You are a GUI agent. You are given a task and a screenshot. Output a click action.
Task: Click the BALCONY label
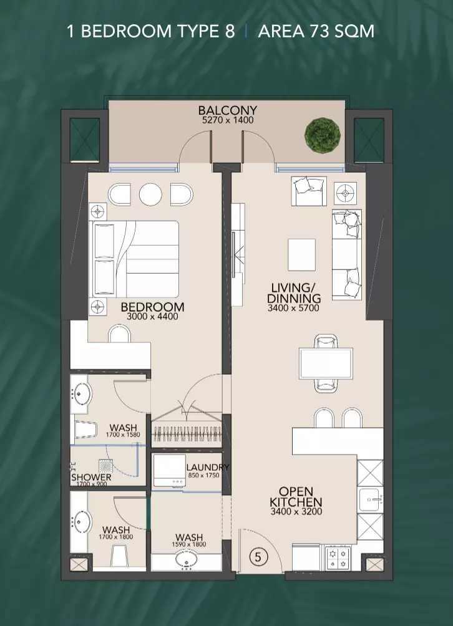tap(227, 110)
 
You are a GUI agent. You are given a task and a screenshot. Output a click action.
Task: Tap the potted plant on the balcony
tap(323, 135)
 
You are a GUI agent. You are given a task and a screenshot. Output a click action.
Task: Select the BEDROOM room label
tap(152, 307)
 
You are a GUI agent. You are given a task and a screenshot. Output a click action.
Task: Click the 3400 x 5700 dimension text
tap(293, 308)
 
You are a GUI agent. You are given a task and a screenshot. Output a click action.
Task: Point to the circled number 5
tap(258, 557)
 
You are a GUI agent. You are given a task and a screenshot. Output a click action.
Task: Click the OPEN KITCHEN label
tap(296, 497)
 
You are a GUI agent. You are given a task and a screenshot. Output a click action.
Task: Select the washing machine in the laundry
tap(169, 470)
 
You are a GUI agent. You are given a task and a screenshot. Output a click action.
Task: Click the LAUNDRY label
tap(208, 467)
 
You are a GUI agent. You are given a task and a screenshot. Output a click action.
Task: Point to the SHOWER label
tap(92, 477)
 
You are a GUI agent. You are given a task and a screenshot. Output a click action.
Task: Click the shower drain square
tap(105, 465)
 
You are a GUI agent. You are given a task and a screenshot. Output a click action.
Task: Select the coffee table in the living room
tap(301, 255)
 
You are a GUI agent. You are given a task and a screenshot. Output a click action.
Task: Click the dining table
tap(326, 364)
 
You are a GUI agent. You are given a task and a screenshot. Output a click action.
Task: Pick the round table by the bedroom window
tap(150, 195)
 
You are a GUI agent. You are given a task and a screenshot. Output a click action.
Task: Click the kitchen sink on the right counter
tap(370, 499)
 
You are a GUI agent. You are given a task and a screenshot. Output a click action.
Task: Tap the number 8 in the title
tap(230, 31)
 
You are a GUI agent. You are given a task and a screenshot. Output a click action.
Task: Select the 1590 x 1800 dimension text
tap(189, 544)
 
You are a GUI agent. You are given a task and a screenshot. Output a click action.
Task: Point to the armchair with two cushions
tap(309, 191)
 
